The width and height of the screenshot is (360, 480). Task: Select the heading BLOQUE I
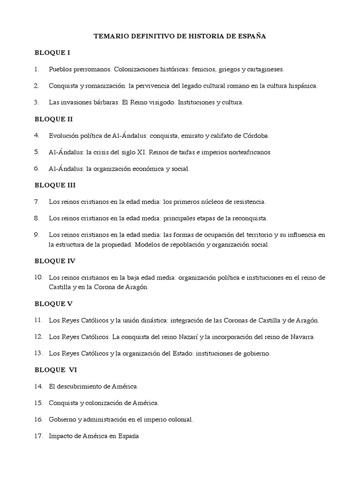point(52,52)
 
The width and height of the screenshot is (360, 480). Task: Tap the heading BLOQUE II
point(53,119)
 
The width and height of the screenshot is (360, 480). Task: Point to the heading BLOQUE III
point(55,185)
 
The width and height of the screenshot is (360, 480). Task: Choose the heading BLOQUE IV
point(55,261)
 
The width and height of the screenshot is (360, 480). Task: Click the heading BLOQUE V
point(53,304)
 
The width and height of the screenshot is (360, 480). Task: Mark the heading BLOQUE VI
point(55,370)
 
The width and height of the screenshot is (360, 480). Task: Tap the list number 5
point(37,152)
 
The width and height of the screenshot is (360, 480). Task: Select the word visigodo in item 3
point(161,102)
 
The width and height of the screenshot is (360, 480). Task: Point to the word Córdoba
point(256,136)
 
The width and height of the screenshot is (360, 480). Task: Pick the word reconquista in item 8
point(248,218)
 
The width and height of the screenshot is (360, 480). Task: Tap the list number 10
point(38,277)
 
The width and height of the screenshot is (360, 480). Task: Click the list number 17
point(38,436)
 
